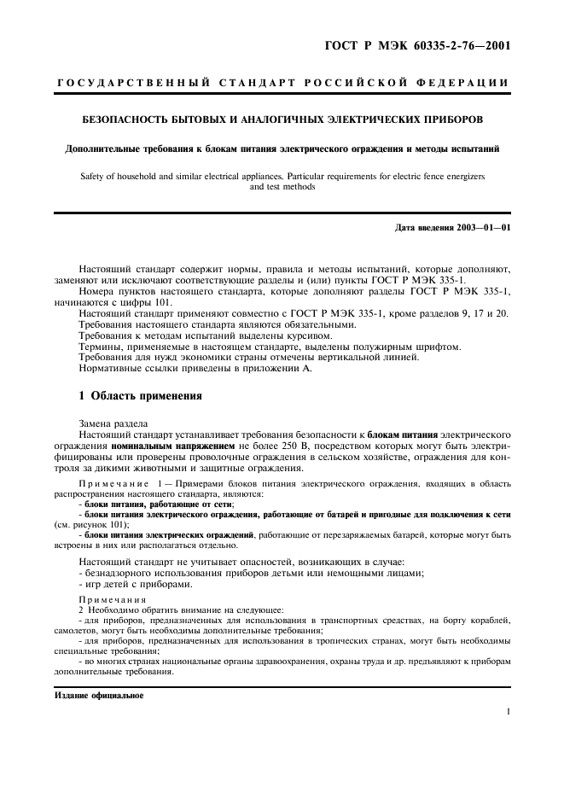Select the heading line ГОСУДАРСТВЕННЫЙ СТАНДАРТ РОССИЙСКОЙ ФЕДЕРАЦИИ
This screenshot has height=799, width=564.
click(x=282, y=83)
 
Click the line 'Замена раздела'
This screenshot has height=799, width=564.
click(x=113, y=423)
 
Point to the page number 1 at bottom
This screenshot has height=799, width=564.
click(x=508, y=710)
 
